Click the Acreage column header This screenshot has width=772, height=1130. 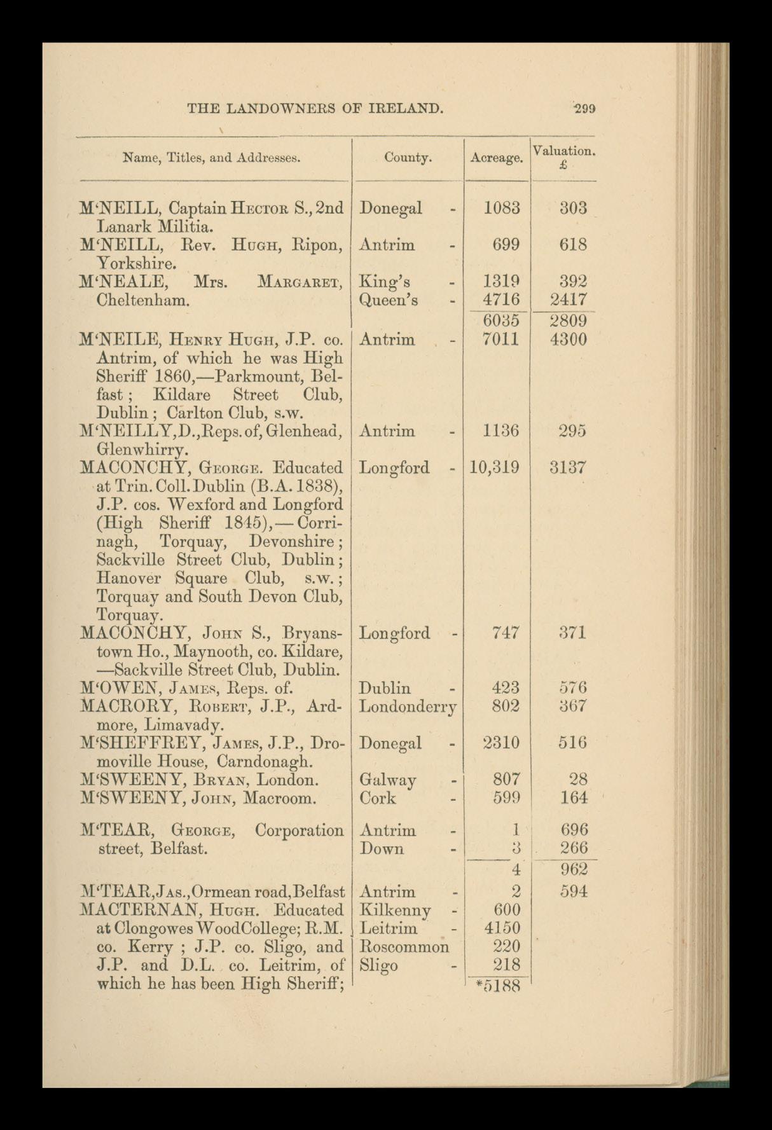[x=496, y=158]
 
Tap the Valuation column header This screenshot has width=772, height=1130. [x=563, y=151]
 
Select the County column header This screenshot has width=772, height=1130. [x=408, y=157]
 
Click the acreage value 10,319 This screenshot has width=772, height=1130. [x=494, y=468]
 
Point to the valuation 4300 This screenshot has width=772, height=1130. [x=569, y=339]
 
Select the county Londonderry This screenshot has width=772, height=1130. [x=408, y=706]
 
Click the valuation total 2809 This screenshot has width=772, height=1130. [x=569, y=320]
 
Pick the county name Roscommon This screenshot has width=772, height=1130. [x=404, y=947]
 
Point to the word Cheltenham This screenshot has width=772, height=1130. [x=142, y=300]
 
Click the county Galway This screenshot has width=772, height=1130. [x=387, y=780]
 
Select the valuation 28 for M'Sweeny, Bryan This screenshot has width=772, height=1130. [x=578, y=780]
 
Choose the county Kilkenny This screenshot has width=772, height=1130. [x=395, y=910]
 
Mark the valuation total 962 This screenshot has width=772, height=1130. [x=574, y=869]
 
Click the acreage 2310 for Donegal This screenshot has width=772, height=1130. [x=502, y=743]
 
